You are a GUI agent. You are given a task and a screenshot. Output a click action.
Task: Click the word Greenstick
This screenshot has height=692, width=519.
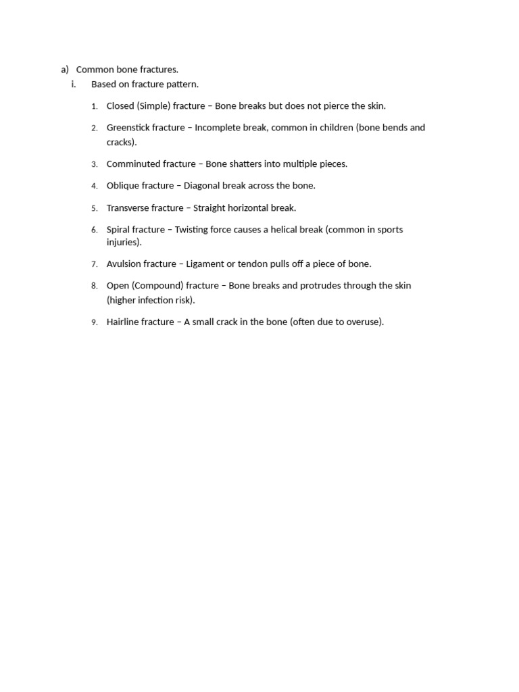[128, 128]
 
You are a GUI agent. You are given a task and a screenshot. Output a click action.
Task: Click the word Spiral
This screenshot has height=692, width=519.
[118, 230]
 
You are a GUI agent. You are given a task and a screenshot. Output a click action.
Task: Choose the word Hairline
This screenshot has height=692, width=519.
[123, 322]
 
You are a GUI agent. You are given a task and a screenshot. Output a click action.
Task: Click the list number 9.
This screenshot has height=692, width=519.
[95, 322]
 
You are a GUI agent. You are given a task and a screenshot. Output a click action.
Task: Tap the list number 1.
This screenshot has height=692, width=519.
[95, 106]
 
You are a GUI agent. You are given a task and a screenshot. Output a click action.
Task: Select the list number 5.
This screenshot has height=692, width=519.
[95, 208]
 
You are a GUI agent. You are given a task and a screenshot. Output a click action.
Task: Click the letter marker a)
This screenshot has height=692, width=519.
[65, 70]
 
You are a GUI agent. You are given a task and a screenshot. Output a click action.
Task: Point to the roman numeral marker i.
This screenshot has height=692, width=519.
[74, 84]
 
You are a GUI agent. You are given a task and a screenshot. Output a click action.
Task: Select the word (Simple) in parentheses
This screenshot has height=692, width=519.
[153, 106]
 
